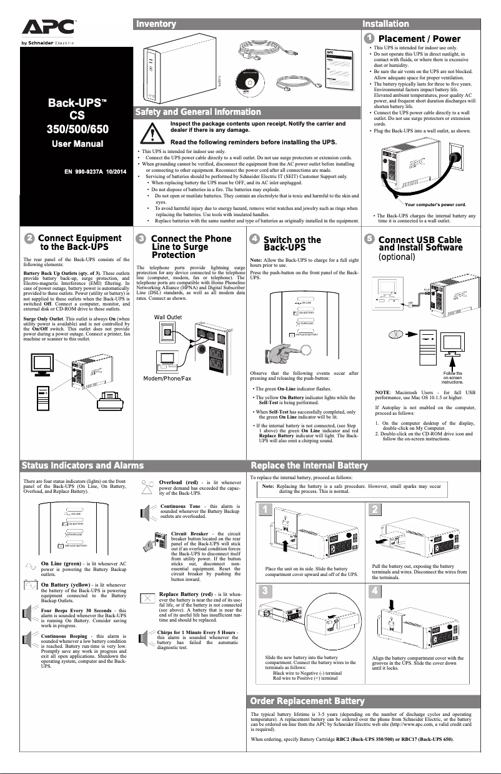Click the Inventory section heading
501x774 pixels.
(x=156, y=24)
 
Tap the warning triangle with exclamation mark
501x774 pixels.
(x=151, y=133)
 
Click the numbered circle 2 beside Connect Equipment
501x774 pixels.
(x=29, y=239)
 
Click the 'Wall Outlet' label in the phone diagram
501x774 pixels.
(x=168, y=317)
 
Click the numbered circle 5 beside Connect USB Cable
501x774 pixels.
(x=370, y=239)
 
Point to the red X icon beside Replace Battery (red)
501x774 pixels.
(x=147, y=598)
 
